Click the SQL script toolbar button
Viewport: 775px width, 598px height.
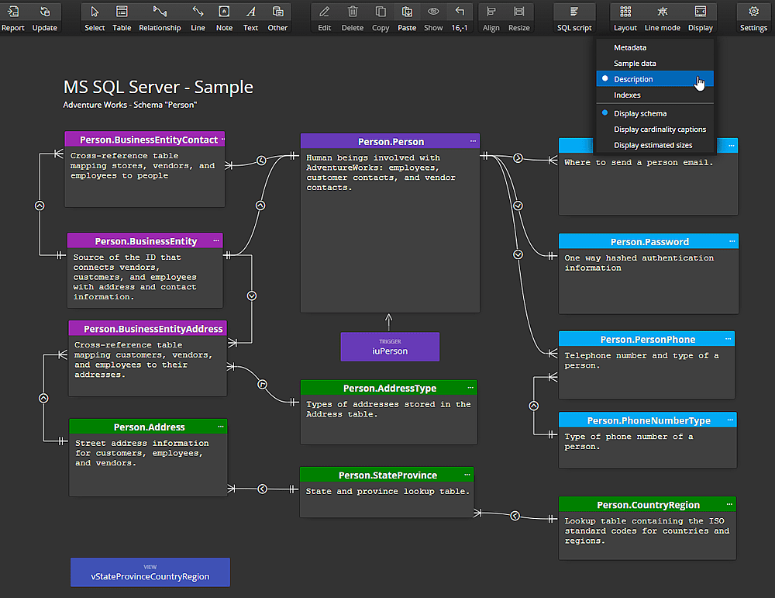click(574, 18)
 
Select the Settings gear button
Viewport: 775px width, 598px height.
click(753, 18)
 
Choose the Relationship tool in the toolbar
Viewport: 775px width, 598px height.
click(160, 18)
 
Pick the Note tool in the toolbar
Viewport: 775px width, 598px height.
click(224, 18)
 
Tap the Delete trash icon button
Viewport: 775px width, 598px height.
click(352, 18)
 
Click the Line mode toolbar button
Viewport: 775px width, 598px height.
click(663, 18)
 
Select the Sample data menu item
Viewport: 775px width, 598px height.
click(635, 64)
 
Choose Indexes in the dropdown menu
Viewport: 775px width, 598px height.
click(627, 95)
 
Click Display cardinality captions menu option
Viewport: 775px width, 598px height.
click(660, 130)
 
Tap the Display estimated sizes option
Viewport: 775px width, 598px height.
click(653, 145)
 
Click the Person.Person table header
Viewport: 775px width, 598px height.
click(390, 142)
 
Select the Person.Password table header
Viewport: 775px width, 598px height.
click(649, 242)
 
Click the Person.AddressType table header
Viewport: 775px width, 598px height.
click(389, 388)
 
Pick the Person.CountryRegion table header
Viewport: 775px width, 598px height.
click(648, 505)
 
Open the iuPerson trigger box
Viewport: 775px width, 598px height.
click(390, 347)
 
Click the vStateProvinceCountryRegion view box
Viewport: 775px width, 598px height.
click(150, 572)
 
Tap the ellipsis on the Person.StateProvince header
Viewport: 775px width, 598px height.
click(467, 475)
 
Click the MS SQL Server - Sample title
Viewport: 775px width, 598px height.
click(158, 88)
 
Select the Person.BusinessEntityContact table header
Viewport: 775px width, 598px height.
click(144, 140)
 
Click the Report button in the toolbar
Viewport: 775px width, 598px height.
click(13, 18)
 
